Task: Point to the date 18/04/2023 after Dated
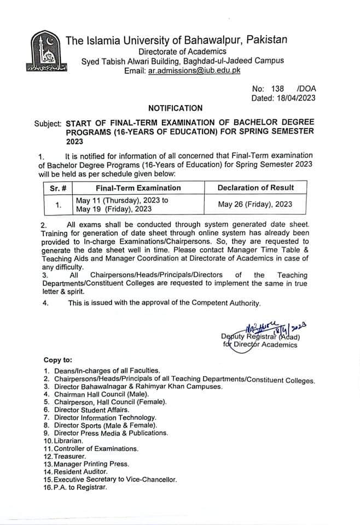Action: click(x=297, y=98)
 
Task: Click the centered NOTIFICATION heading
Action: click(x=175, y=108)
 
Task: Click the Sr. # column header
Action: click(x=57, y=187)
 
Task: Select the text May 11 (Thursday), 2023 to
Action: click(x=121, y=200)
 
